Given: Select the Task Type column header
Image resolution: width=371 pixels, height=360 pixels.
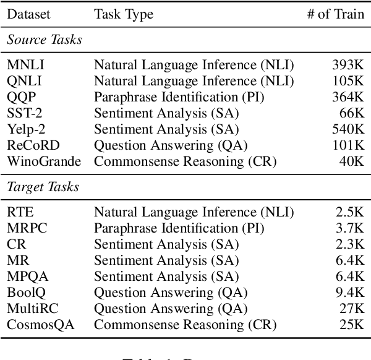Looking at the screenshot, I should pyautogui.click(x=124, y=14).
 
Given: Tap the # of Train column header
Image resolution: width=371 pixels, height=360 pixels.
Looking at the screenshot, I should pyautogui.click(x=333, y=14).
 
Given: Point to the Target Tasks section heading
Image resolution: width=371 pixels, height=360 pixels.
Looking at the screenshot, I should pyautogui.click(x=43, y=187).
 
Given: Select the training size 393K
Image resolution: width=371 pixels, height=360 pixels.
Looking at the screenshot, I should pyautogui.click(x=347, y=65).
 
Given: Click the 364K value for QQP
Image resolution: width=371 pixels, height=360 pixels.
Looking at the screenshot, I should pyautogui.click(x=347, y=97).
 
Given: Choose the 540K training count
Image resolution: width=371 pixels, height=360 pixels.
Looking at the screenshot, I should pyautogui.click(x=347, y=129).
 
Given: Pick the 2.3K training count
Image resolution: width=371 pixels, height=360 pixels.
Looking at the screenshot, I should pyautogui.click(x=349, y=243).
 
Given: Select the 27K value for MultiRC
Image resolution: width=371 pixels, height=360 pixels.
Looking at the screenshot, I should pyautogui.click(x=352, y=307).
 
